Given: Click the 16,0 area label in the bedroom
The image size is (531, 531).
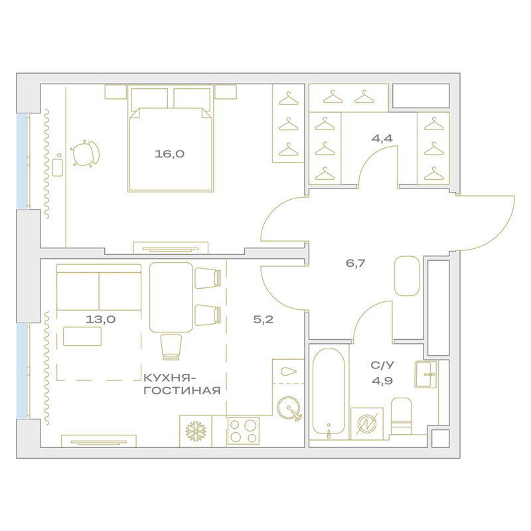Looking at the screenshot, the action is click(x=169, y=154).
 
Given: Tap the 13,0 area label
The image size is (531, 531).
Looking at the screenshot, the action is click(x=101, y=319).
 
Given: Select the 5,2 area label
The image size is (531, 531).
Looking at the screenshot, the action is click(x=263, y=319).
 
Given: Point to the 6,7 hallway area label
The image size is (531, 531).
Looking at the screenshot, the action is click(x=355, y=263).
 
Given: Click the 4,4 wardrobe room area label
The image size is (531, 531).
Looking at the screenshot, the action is click(x=382, y=138).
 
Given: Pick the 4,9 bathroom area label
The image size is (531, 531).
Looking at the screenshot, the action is click(x=382, y=381).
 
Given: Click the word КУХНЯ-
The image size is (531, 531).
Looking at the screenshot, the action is click(x=170, y=378).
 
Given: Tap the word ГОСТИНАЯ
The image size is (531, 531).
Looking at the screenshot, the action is click(x=182, y=391).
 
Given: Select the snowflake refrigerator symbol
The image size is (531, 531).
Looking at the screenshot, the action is click(x=196, y=431).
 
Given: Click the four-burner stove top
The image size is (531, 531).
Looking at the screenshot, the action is click(x=244, y=431).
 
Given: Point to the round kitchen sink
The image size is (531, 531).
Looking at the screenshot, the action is click(x=289, y=408).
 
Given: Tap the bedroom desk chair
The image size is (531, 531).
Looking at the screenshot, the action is click(x=85, y=154).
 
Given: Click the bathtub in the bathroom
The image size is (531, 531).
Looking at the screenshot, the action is click(x=329, y=391).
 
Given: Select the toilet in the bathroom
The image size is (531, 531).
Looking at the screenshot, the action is click(x=402, y=416).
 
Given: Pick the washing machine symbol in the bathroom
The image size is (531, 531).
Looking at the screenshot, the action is click(x=367, y=423).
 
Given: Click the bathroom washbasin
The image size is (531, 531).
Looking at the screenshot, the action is click(x=426, y=374).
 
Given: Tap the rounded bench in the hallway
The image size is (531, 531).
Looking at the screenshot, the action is click(x=407, y=275).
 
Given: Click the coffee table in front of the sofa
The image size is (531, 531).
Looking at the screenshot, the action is click(x=82, y=337).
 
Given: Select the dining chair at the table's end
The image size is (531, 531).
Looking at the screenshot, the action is click(x=171, y=346).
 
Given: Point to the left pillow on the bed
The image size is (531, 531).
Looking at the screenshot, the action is click(x=150, y=99).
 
